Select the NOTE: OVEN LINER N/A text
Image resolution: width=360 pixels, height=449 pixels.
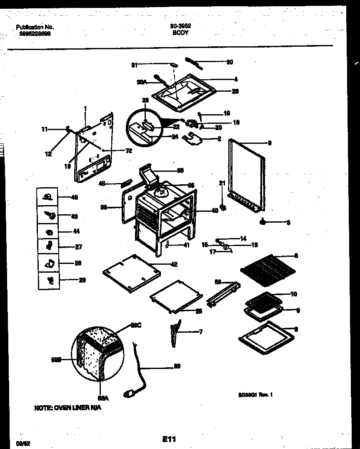pyautogui.click(x=67, y=408)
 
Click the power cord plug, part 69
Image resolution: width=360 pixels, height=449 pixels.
pyautogui.click(x=129, y=393)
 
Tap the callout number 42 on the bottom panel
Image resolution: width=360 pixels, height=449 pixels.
pyautogui.click(x=174, y=264)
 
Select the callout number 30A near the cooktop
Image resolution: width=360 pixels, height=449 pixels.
pyautogui.click(x=142, y=82)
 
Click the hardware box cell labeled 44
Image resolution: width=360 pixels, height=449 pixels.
pyautogui.click(x=49, y=232)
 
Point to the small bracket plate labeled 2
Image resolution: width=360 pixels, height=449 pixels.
pyautogui.click(x=194, y=139)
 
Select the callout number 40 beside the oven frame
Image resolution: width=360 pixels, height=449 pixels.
pyautogui.click(x=215, y=211)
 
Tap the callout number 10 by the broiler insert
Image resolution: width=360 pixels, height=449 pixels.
pyautogui.click(x=293, y=294)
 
